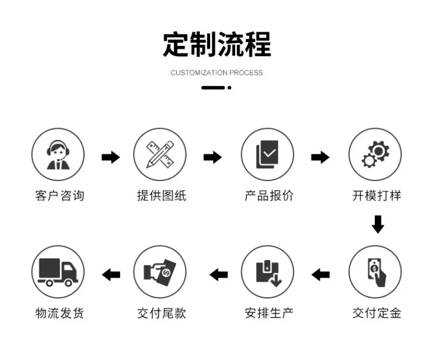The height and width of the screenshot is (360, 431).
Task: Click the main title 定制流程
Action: pyautogui.click(x=217, y=45)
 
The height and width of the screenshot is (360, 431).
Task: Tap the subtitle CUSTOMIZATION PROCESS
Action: pyautogui.click(x=217, y=73)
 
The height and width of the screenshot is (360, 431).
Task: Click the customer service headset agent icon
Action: pyautogui.click(x=58, y=155)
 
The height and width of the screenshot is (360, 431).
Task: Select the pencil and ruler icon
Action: pyautogui.click(x=160, y=154)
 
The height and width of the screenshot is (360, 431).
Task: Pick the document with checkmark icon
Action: pyautogui.click(x=267, y=154)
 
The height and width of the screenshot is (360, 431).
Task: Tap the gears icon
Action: pyautogui.click(x=375, y=154)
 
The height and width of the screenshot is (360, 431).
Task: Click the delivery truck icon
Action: pyautogui.click(x=58, y=272)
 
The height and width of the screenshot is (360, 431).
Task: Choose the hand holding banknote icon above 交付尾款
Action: pyautogui.click(x=160, y=272)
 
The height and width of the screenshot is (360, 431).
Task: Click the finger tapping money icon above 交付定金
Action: pyautogui.click(x=376, y=272)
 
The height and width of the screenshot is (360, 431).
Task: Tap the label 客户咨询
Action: pyautogui.click(x=59, y=196)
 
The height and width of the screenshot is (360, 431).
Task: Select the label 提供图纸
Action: pyautogui.click(x=161, y=196)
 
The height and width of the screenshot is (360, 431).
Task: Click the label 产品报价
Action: pyautogui.click(x=269, y=196)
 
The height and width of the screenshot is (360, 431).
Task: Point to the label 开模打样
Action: pyautogui.click(x=376, y=196)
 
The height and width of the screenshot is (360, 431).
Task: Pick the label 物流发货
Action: pyautogui.click(x=59, y=313)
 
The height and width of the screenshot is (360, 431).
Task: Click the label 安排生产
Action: pyautogui.click(x=269, y=313)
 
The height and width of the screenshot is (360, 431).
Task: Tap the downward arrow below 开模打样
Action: pyautogui.click(x=378, y=224)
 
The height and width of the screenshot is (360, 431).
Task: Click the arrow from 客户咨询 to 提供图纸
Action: pyautogui.click(x=111, y=157)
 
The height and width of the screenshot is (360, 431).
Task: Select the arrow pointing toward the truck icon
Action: pyautogui.click(x=111, y=274)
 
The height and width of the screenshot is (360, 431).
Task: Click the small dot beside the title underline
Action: pyautogui.click(x=230, y=88)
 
